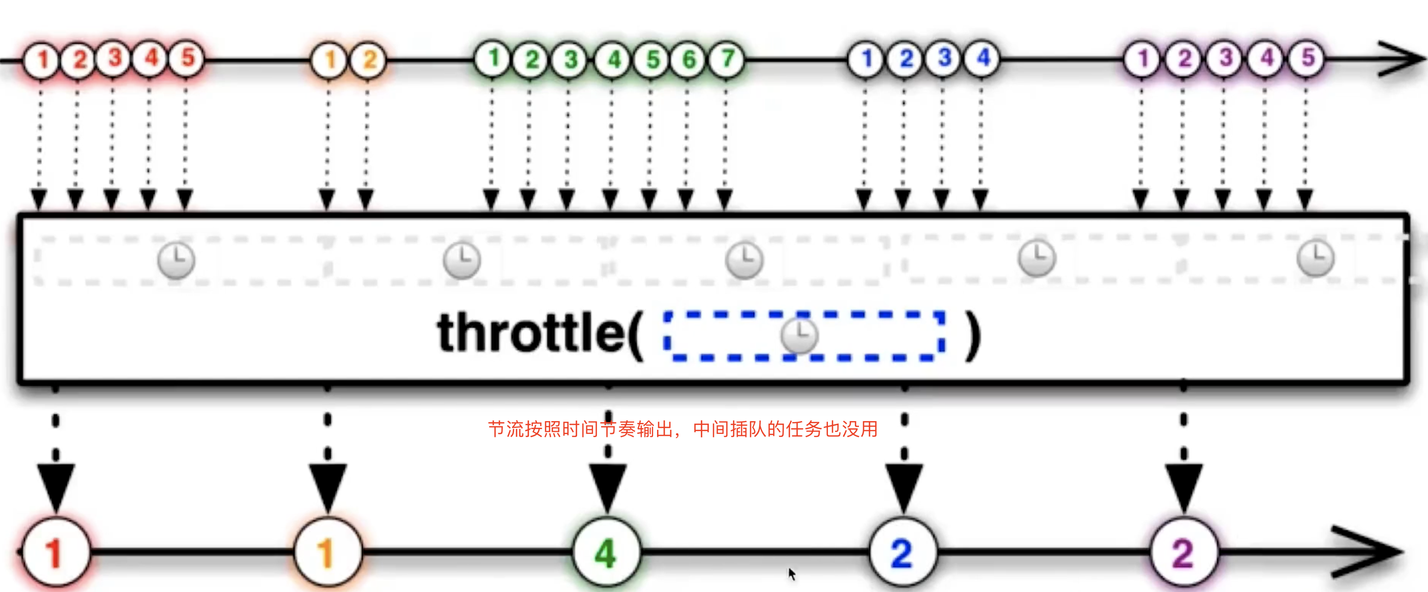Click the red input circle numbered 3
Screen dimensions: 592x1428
114,58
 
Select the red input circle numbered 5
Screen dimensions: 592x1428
187,58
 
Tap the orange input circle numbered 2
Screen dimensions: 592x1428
369,60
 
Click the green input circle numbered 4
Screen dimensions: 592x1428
613,59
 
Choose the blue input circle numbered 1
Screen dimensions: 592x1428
867,58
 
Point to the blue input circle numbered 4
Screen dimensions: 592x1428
983,58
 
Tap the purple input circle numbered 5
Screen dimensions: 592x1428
1307,58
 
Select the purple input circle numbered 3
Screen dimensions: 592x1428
1225,58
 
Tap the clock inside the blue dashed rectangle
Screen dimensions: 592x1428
799,335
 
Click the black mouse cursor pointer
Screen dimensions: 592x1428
792,574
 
